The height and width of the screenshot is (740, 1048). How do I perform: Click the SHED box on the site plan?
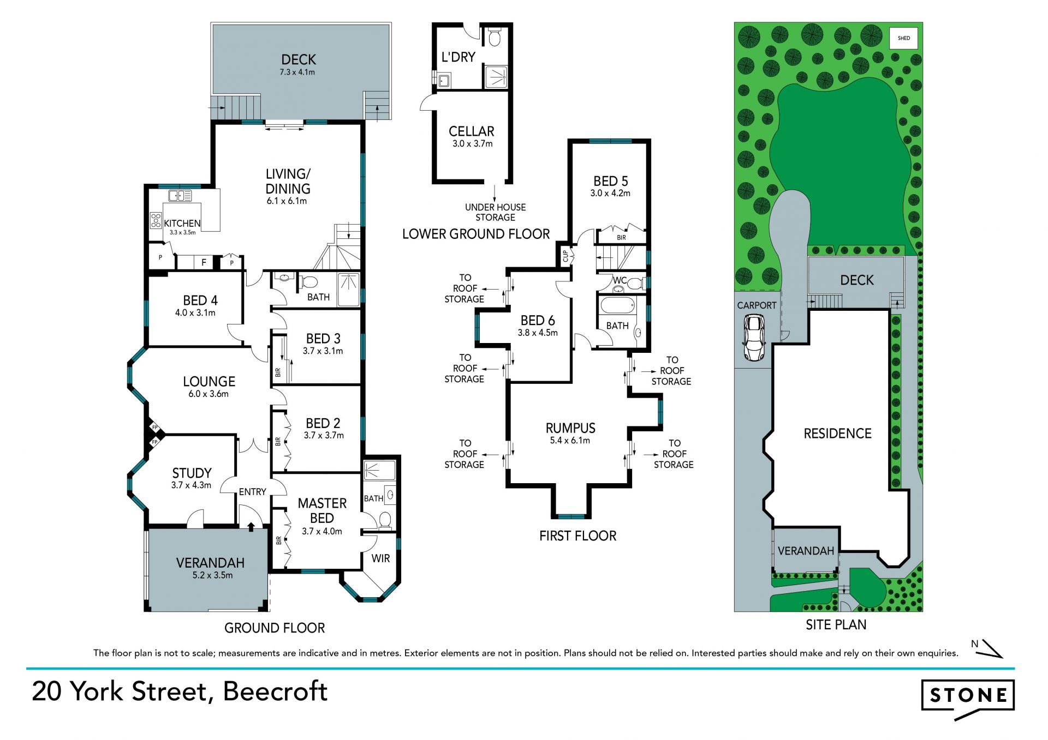904,38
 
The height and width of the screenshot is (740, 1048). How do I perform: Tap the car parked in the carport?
753,338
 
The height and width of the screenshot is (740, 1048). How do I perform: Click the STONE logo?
968,699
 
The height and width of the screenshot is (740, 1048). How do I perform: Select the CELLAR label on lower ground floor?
472,131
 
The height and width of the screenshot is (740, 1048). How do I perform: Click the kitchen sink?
180,195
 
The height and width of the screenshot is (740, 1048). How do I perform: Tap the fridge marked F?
204,262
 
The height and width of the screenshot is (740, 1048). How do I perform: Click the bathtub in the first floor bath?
618,305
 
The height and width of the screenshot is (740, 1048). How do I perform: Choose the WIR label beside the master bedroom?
380,558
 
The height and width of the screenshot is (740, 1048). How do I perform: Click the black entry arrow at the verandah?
251,526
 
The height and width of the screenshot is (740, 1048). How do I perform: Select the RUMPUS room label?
570,428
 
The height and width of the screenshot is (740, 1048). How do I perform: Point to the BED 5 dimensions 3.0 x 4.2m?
610,193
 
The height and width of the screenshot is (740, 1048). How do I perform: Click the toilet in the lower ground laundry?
495,37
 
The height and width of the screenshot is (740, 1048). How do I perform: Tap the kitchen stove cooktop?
156,220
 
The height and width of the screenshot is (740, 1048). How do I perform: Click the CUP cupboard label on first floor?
565,256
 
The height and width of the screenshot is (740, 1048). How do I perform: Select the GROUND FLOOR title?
275,628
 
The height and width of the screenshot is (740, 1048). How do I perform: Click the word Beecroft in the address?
275,691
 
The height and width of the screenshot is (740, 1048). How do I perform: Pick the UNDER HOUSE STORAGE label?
496,212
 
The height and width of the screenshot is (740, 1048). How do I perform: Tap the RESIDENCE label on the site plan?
838,434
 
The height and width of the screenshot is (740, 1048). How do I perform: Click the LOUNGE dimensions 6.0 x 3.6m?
209,394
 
